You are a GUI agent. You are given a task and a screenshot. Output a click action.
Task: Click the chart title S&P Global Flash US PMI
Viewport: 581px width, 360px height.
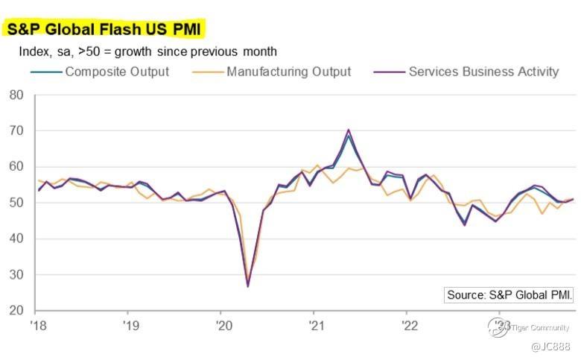pyautogui.click(x=104, y=29)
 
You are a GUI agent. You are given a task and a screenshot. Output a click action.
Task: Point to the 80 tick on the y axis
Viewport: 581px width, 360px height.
pyautogui.click(x=16, y=95)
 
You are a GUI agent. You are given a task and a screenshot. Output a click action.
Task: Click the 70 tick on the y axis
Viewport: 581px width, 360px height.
pyautogui.click(x=16, y=131)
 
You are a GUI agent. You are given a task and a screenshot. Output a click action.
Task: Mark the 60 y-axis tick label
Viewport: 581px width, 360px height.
pyautogui.click(x=16, y=167)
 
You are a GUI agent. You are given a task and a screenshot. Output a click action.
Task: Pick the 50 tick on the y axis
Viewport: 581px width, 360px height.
pyautogui.click(x=16, y=203)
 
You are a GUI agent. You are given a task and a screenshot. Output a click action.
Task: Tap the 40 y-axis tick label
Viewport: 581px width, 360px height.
pyautogui.click(x=16, y=239)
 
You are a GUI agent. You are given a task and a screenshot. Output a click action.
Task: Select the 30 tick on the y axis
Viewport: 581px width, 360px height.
pyautogui.click(x=16, y=274)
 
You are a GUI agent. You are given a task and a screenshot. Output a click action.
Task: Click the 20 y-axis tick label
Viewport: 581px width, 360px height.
pyautogui.click(x=16, y=310)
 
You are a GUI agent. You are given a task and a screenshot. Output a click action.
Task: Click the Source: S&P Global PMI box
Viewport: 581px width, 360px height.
pyautogui.click(x=509, y=295)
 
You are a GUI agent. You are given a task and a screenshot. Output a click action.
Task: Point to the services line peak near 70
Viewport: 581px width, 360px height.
pyautogui.click(x=349, y=130)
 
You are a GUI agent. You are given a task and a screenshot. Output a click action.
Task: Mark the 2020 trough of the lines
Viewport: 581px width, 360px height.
pyautogui.click(x=247, y=285)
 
